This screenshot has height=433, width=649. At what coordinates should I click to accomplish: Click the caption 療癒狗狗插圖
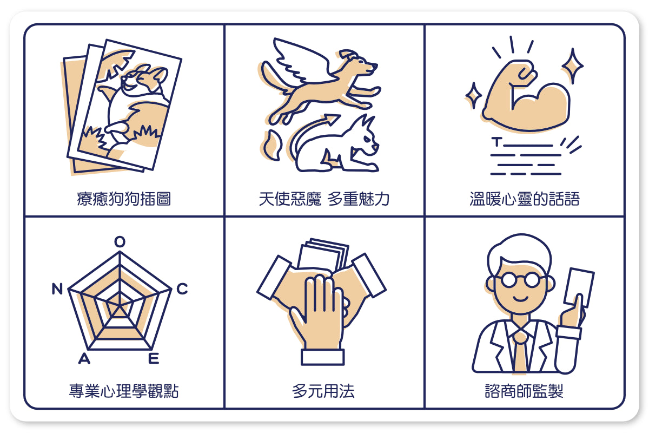[124, 199]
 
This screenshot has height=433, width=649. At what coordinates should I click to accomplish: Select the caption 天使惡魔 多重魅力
[324, 199]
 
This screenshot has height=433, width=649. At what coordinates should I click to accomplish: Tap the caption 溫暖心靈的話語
[525, 199]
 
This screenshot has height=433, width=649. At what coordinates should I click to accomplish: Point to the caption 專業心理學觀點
[124, 391]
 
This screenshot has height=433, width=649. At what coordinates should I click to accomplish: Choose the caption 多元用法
[323, 391]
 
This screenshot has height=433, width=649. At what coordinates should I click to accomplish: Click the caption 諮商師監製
[524, 391]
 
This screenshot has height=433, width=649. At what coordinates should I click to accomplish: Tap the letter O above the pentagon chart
[120, 241]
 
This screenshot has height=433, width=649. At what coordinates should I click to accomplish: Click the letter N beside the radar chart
[57, 288]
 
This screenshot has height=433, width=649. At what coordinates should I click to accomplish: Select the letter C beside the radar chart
[182, 288]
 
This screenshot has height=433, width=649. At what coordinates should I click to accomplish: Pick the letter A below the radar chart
[84, 358]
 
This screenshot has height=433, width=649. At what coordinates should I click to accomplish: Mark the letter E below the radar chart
[154, 358]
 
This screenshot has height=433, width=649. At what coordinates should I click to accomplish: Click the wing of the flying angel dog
[301, 60]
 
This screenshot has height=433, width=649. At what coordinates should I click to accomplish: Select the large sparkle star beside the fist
[573, 66]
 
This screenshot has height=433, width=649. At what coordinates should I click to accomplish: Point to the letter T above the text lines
[497, 142]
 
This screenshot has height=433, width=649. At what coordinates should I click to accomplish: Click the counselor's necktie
[521, 352]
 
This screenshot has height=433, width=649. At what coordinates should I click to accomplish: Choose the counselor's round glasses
[521, 280]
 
